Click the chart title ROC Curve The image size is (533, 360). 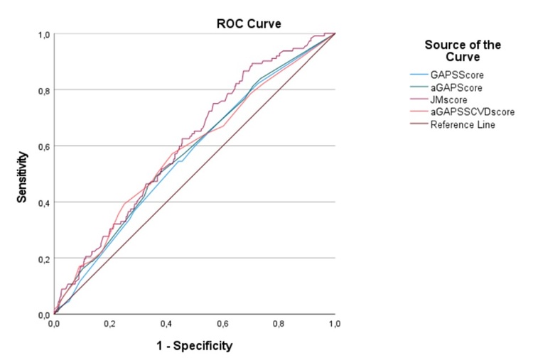[x=249, y=23]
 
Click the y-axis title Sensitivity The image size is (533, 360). [x=23, y=175]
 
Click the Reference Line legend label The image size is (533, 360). [x=458, y=125]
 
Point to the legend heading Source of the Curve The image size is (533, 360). [x=462, y=50]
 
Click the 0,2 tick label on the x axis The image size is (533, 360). [x=110, y=323]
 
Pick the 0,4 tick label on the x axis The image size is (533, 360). [x=166, y=323]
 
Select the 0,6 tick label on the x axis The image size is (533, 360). [x=222, y=323]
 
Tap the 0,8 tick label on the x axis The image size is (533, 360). [x=279, y=323]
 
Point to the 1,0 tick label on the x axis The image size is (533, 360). [x=334, y=323]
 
